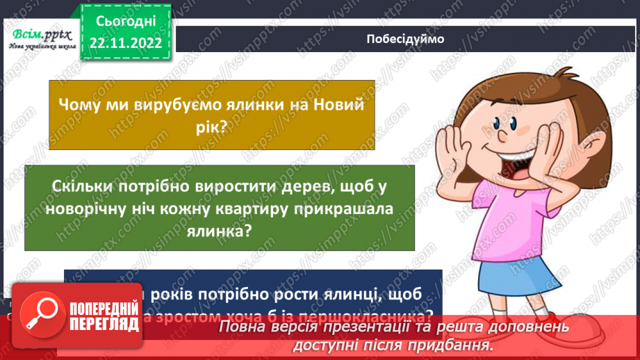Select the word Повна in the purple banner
point(247,327)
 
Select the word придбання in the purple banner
point(452,344)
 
